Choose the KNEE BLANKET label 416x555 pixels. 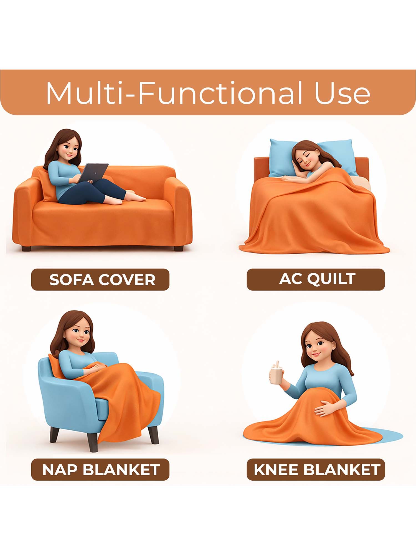(x=316, y=470)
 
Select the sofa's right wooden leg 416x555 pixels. (x=178, y=248)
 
